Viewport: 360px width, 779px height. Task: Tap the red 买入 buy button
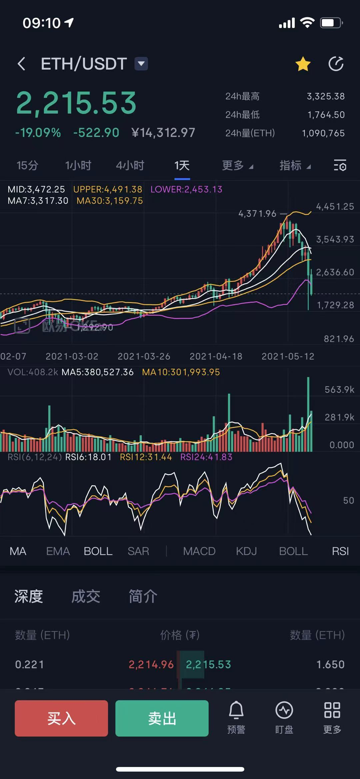tap(61, 718)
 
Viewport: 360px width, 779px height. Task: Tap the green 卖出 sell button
tap(162, 718)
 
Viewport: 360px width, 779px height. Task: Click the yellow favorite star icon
tap(303, 64)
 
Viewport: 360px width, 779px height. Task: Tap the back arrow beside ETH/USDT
tap(21, 64)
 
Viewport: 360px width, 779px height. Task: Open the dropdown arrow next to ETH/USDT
tap(141, 64)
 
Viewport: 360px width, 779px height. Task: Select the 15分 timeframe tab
tap(27, 165)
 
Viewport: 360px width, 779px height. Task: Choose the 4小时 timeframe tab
tap(130, 165)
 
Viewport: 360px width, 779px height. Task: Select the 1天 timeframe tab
tap(182, 165)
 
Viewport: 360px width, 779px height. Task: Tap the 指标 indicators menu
tap(295, 165)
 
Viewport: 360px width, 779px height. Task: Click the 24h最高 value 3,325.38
tap(326, 96)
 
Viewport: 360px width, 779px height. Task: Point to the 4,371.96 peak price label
tap(257, 214)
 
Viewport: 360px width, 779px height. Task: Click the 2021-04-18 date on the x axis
tap(216, 356)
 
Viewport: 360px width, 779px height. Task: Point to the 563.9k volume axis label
tap(339, 390)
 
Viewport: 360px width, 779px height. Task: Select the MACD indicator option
tap(199, 551)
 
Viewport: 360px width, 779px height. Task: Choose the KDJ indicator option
tap(246, 551)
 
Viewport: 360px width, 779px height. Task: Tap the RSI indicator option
tap(340, 551)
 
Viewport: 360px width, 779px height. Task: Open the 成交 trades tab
tap(86, 596)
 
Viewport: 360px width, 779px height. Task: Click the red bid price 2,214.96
tap(151, 664)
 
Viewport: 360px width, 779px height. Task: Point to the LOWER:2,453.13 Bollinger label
tap(186, 189)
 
